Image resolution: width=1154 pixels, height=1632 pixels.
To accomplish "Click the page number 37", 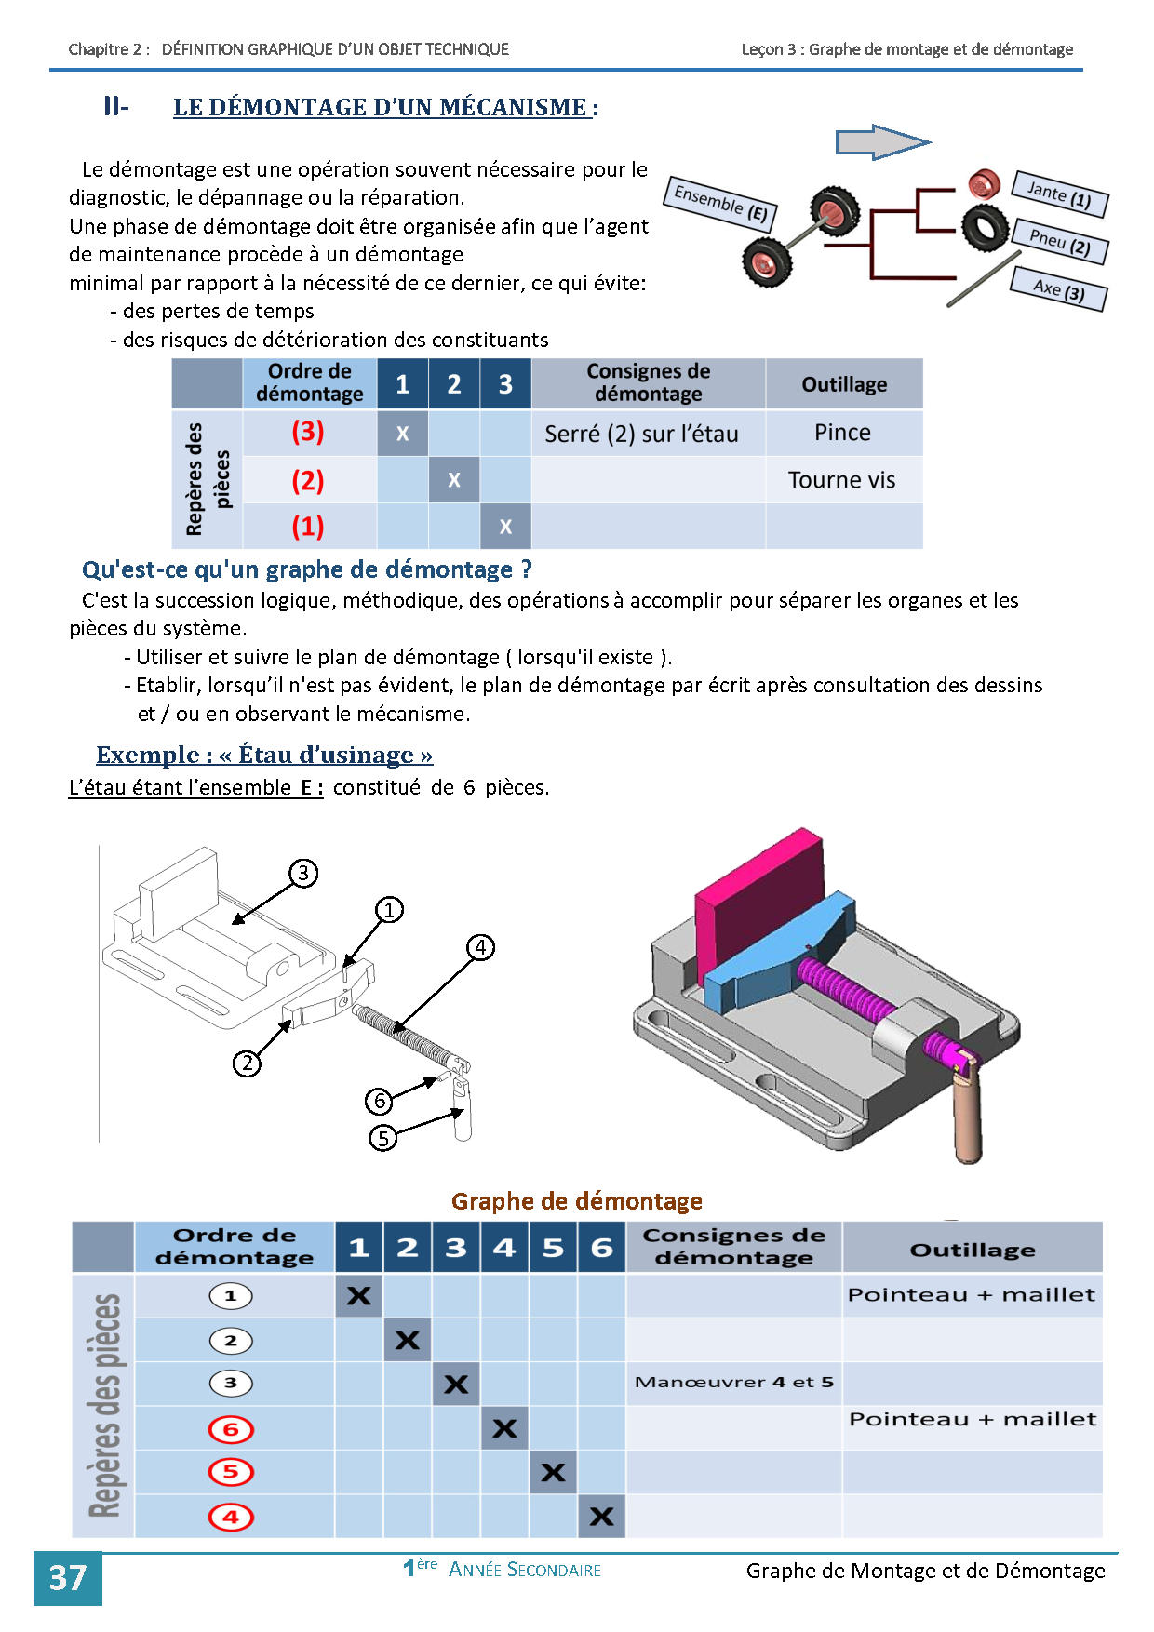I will [67, 1578].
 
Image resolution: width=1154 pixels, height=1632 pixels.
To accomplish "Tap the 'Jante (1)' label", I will [1059, 194].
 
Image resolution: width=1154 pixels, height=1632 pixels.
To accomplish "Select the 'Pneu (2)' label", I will [1060, 242].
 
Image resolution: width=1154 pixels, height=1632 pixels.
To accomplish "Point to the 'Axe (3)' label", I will [1059, 289].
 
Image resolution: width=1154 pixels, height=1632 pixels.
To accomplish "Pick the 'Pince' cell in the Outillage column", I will [842, 433].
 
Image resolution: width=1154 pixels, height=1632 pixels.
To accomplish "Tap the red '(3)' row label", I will [308, 432].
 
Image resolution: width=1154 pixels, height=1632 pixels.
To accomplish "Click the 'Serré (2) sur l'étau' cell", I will [641, 434].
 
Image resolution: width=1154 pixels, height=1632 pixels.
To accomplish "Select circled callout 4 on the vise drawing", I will [480, 947].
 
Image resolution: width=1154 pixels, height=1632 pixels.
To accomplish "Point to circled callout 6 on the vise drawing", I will [379, 1102].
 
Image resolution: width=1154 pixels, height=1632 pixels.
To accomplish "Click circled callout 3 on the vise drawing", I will [303, 873].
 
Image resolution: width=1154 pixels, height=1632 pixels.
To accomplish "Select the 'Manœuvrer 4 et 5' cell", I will [733, 1383].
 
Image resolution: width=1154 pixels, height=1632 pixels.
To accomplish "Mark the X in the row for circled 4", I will [601, 1517].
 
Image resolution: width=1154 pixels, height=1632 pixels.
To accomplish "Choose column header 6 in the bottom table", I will [601, 1247].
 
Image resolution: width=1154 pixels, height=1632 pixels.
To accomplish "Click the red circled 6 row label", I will [231, 1429].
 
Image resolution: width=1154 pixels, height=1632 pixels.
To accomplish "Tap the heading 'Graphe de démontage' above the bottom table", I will [577, 1201].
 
